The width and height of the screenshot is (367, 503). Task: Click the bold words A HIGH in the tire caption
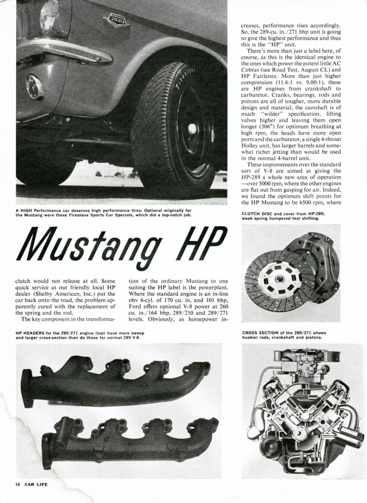pos(25,210)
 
